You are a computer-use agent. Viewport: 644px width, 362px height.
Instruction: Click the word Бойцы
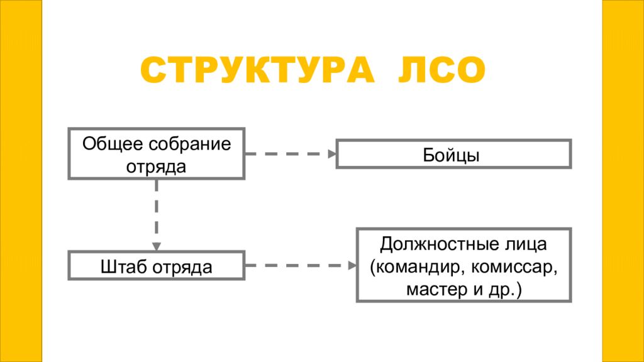(x=453, y=155)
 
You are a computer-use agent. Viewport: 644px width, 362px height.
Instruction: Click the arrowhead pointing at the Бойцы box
(x=331, y=153)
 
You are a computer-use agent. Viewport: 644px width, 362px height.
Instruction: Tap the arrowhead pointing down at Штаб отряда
(x=156, y=246)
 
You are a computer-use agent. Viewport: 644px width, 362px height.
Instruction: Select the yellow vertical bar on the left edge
(x=21, y=181)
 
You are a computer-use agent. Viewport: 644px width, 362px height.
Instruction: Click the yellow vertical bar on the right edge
(x=623, y=181)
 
